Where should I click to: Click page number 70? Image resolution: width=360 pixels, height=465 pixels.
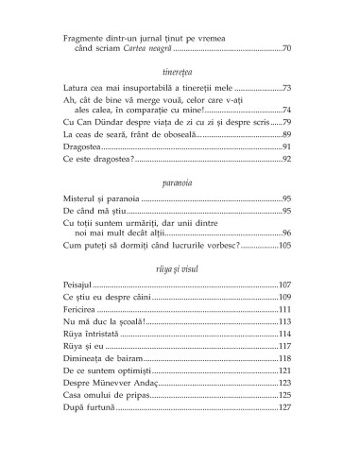pos(288,48)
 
